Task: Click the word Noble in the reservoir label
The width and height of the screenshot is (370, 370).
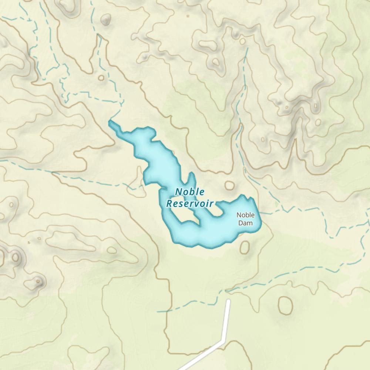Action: pyautogui.click(x=190, y=192)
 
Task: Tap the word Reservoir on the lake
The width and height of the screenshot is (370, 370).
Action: pyautogui.click(x=190, y=203)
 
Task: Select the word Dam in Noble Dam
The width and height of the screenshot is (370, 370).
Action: pyautogui.click(x=245, y=223)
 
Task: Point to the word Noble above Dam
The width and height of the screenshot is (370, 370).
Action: pyautogui.click(x=246, y=215)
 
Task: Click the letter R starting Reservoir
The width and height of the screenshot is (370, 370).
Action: pyautogui.click(x=170, y=203)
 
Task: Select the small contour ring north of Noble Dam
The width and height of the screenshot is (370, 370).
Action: pyautogui.click(x=229, y=185)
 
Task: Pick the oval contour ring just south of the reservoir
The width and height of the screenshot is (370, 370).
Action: pyautogui.click(x=245, y=247)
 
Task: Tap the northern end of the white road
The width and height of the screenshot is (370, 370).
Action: pyautogui.click(x=229, y=301)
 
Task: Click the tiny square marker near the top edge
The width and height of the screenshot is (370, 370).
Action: pyautogui.click(x=188, y=16)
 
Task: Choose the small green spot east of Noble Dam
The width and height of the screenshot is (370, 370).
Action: pyautogui.click(x=276, y=204)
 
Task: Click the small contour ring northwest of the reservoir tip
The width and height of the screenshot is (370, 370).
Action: pyautogui.click(x=101, y=78)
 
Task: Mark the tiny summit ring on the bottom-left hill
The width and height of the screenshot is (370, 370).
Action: pyautogui.click(x=38, y=282)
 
